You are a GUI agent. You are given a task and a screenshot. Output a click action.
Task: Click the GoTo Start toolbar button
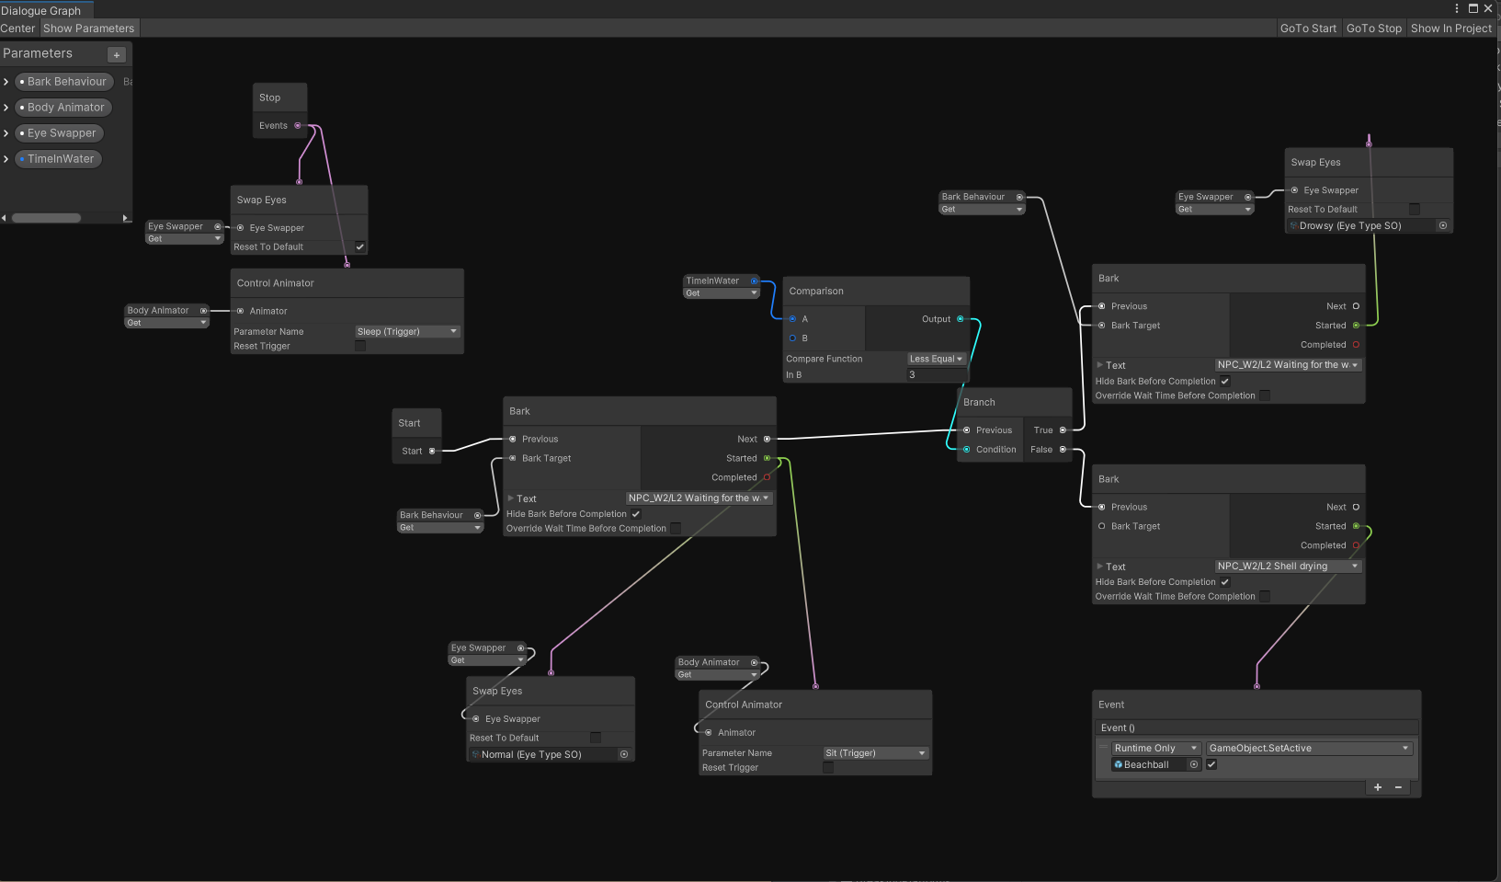(1308, 29)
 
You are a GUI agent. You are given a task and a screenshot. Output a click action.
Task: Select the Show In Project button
(1451, 29)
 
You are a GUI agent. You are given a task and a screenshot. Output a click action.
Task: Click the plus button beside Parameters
(117, 55)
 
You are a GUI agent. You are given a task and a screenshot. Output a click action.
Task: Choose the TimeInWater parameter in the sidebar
(60, 159)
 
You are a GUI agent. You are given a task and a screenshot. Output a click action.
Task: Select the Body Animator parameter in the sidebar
(65, 108)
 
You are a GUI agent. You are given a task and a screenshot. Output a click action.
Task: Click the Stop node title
(270, 97)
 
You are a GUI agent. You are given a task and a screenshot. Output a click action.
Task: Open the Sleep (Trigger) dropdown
(406, 331)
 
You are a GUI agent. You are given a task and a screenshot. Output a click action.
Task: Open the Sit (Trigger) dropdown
(875, 753)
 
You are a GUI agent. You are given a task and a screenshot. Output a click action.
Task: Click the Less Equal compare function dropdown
(936, 359)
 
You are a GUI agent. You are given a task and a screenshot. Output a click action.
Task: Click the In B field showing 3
(936, 374)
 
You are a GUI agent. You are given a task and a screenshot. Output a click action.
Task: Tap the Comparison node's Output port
(961, 319)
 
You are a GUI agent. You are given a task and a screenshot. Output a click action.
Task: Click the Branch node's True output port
(1063, 430)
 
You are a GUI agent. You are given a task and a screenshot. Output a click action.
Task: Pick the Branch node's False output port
(1063, 450)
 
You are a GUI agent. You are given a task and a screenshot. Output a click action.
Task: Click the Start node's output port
(432, 451)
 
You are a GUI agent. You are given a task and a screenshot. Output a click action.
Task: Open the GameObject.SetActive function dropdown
(1308, 749)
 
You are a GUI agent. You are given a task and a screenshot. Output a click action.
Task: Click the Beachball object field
(1149, 765)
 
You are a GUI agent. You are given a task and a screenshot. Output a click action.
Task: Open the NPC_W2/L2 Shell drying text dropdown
(1287, 567)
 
